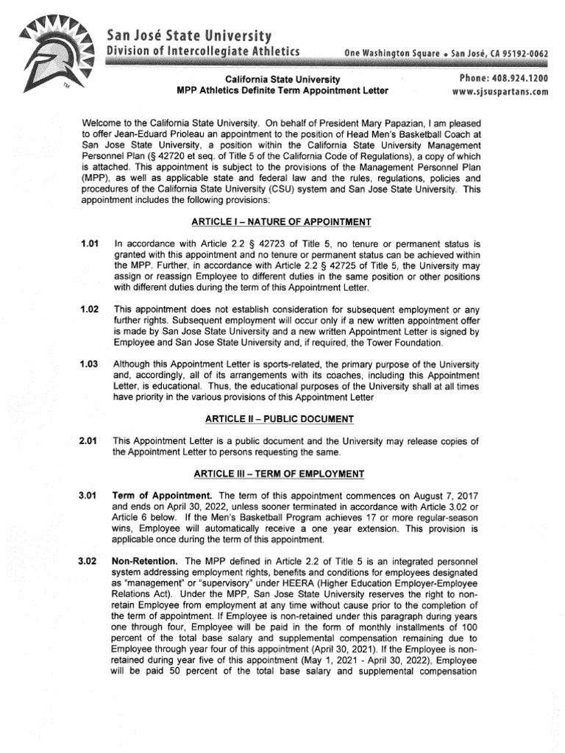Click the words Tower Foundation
(402, 343)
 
